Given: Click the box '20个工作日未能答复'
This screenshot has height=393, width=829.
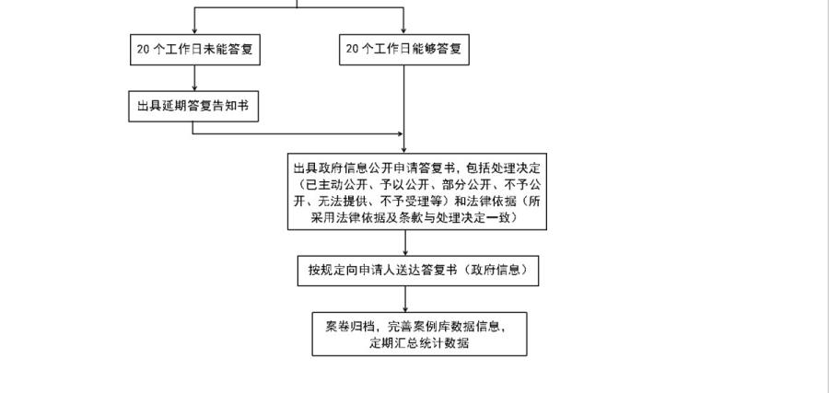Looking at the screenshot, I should [193, 50].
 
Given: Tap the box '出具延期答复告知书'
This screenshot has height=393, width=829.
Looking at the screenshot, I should [193, 106].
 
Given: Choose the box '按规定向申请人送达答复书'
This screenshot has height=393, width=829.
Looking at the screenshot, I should [418, 271].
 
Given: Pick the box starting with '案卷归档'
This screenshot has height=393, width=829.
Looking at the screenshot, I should [419, 334].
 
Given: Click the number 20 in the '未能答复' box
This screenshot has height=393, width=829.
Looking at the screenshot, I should [143, 50].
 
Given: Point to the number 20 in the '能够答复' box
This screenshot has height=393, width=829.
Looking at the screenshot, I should [352, 50].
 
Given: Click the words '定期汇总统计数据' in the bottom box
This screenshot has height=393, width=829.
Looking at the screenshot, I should [419, 343].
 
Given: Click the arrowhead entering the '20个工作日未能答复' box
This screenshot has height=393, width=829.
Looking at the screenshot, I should [193, 30].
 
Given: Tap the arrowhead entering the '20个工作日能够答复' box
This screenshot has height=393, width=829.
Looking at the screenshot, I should [403, 30].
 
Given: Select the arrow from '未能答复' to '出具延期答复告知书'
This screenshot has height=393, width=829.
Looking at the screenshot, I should [193, 78].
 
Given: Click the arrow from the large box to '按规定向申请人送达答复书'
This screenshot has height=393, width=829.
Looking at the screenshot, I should [405, 243].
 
